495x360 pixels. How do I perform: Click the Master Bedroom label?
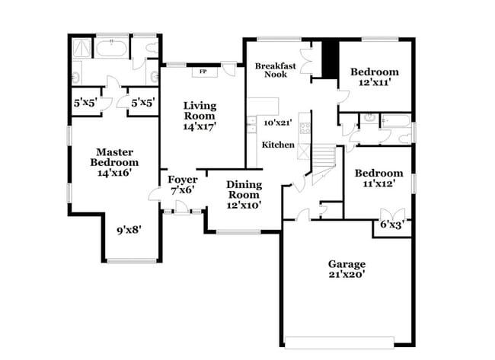tap(114, 162)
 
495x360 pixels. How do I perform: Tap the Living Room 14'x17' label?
tap(199, 116)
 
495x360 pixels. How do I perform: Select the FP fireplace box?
tap(203, 72)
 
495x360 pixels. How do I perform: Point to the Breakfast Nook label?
tap(274, 70)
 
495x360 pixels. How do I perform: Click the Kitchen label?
tap(278, 145)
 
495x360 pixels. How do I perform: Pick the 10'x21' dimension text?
tap(278, 122)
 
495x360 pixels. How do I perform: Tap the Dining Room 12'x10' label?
tap(244, 194)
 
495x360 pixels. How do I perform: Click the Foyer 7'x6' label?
tap(183, 185)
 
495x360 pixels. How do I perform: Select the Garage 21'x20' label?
tap(347, 269)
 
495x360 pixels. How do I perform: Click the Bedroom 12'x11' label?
tap(374, 77)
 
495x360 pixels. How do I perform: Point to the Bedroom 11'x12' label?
tap(378, 178)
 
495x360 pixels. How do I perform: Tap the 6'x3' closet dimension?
tap(392, 225)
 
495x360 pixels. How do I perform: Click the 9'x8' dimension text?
tap(129, 228)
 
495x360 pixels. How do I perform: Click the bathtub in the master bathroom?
tap(111, 50)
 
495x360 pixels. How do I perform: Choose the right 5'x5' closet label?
tap(142, 102)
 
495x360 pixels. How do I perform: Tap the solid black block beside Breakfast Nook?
tap(329, 58)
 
